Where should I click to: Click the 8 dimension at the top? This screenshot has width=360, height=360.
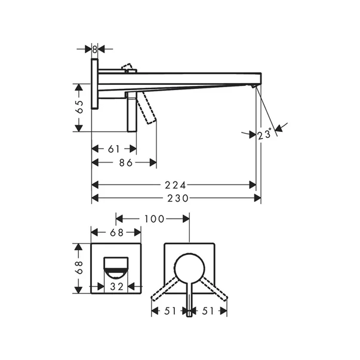[95, 49]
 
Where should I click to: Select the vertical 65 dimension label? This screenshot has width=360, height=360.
[79, 107]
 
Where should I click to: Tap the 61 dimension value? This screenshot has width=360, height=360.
[113, 149]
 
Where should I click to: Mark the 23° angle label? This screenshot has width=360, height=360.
[264, 135]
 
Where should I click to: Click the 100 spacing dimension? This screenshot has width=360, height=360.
[153, 219]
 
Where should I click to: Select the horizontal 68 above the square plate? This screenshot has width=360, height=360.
[116, 232]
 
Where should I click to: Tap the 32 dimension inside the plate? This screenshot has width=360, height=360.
[116, 287]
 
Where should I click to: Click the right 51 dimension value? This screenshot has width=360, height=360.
[210, 310]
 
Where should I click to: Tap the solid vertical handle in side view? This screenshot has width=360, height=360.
[131, 113]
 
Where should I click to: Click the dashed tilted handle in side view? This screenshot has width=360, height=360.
[147, 110]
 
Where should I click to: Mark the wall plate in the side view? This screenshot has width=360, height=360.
[95, 84]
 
